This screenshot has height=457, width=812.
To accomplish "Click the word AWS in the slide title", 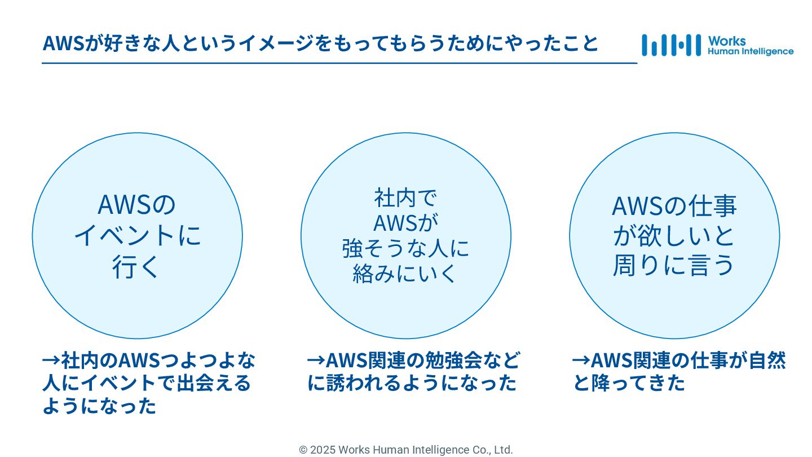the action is pyautogui.click(x=63, y=43).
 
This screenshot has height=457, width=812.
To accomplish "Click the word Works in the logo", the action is pyautogui.click(x=727, y=41).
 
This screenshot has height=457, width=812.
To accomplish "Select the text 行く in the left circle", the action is pyautogui.click(x=136, y=266).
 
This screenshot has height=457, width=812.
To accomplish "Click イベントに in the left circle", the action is pyautogui.click(x=138, y=235).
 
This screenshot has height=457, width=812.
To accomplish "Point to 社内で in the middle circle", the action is pyautogui.click(x=405, y=198).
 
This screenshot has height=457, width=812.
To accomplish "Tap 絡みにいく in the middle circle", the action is pyautogui.click(x=405, y=274).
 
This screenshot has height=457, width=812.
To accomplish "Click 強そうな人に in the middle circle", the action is pyautogui.click(x=405, y=248).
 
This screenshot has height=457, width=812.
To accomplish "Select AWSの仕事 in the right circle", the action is pyautogui.click(x=674, y=206).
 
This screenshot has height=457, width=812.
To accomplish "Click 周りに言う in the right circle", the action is pyautogui.click(x=674, y=265).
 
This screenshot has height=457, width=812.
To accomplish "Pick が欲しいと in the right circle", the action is pyautogui.click(x=674, y=236).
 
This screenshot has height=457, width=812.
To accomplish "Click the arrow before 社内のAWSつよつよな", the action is pyautogui.click(x=51, y=359).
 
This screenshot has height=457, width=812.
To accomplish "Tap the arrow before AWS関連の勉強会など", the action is pyautogui.click(x=316, y=359).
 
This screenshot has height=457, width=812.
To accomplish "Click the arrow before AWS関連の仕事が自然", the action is pyautogui.click(x=581, y=359).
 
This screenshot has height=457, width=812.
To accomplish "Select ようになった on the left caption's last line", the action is pyautogui.click(x=99, y=406).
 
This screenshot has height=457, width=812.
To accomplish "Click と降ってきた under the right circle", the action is pyautogui.click(x=629, y=383).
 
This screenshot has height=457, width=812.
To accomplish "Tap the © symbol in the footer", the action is pyautogui.click(x=303, y=450).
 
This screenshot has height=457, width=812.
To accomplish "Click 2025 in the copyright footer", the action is pyautogui.click(x=323, y=450).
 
